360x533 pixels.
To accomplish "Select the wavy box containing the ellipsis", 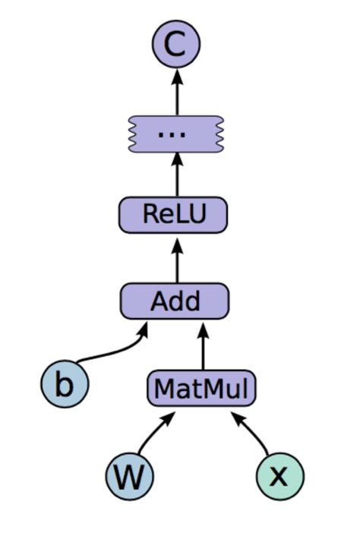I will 176,134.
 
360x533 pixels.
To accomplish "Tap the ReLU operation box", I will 174,215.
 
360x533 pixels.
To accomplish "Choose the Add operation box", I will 174,301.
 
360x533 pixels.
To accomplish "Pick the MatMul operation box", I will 201,389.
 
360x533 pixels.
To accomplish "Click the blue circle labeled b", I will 65,384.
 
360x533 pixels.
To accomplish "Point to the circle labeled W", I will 130,476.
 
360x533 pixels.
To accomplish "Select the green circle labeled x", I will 279,476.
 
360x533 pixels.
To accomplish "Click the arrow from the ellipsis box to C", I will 176,91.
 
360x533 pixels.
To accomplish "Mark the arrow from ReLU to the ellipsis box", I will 176,174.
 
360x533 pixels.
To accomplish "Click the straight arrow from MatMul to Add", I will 202,345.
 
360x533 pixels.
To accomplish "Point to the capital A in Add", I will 159,301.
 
